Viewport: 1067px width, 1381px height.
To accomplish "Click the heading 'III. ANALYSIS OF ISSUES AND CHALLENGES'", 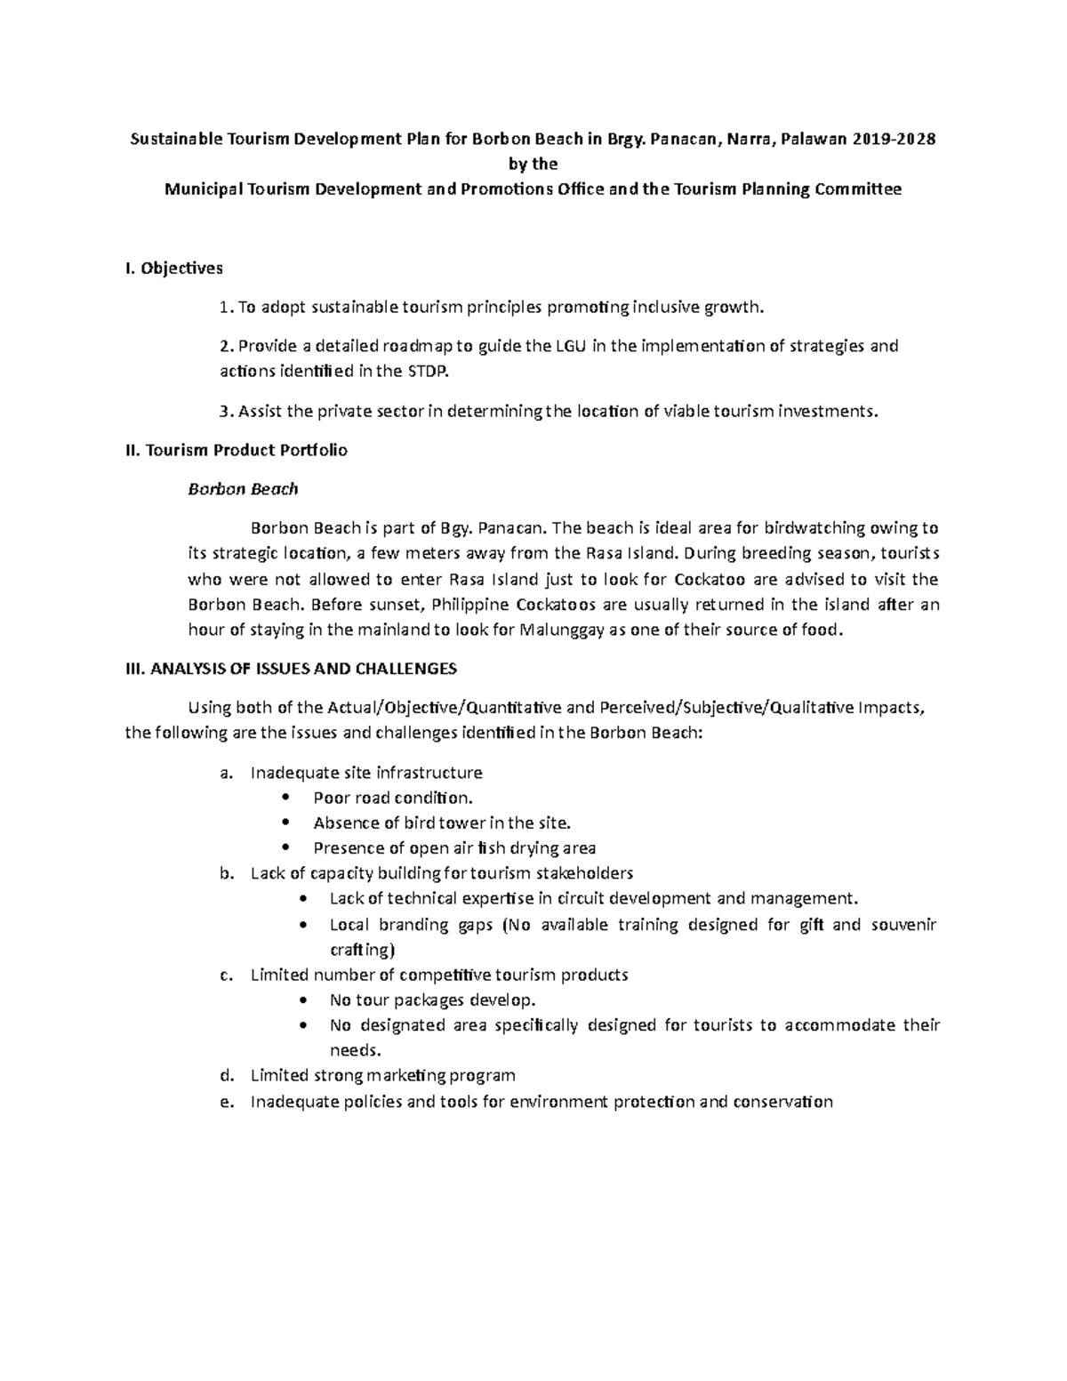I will pyautogui.click(x=292, y=669).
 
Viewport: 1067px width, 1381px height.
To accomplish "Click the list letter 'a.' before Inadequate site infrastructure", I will pyautogui.click(x=227, y=773).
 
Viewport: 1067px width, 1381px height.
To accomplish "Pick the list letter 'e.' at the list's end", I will pyautogui.click(x=227, y=1102).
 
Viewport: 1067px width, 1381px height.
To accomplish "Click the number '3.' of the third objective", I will pyautogui.click(x=224, y=411).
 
